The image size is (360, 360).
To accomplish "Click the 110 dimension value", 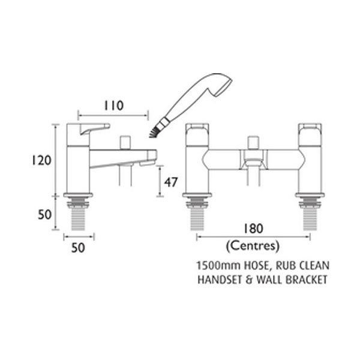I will coord(112,106).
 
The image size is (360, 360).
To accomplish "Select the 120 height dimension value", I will coord(41,160).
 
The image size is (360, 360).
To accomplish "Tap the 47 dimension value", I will coord(171,183).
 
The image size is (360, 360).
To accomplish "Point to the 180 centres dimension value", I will coord(253,230).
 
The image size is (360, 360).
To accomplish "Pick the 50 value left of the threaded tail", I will coord(41,214).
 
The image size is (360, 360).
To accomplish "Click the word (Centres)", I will coord(253,246).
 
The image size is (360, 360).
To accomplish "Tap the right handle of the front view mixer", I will coord(308,130).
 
